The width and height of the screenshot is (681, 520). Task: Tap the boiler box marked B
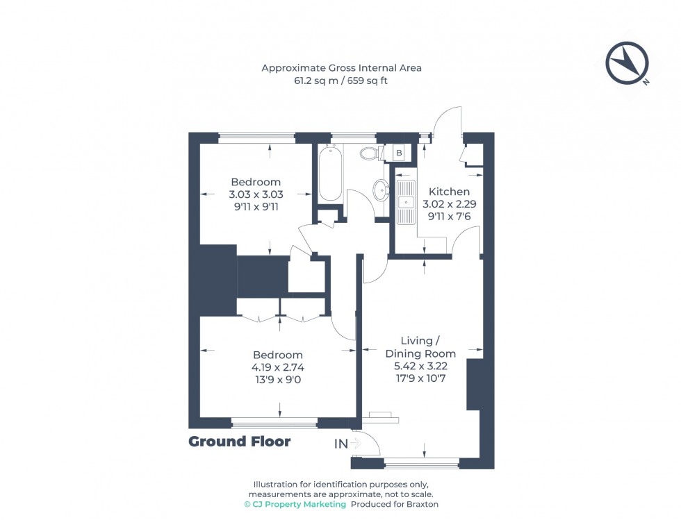pos(399,153)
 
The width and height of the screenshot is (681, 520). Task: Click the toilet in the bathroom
pos(370,153)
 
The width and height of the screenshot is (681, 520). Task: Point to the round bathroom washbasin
pos(381,190)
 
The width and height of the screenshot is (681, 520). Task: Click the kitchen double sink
pos(405,201)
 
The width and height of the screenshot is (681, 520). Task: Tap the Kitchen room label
pos(449,192)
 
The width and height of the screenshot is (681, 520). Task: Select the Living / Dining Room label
pos(420,347)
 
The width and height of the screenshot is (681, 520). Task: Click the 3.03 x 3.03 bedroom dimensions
pos(256,194)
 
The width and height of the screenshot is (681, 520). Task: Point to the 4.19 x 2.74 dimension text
pos(278,367)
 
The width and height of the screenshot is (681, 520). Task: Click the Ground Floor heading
pos(240,442)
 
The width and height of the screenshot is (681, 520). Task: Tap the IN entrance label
pos(341,443)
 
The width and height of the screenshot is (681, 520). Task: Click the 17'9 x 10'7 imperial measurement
pos(420,379)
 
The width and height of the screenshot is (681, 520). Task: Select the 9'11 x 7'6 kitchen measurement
pos(449,216)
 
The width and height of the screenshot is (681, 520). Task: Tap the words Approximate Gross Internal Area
pos(341,68)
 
